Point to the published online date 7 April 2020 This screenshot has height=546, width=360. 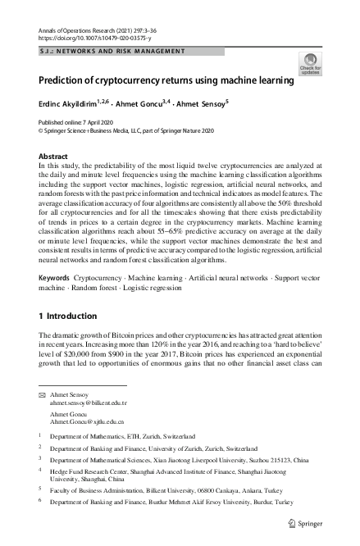[75, 121]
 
